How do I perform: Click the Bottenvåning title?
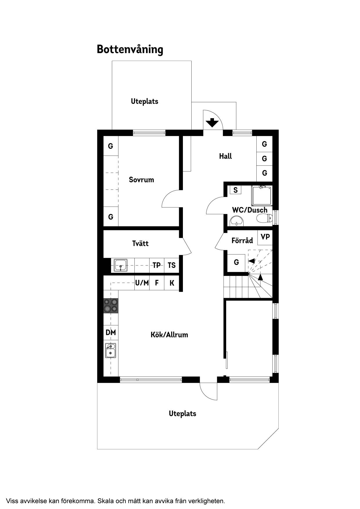[x=130, y=50]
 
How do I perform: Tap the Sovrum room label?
[x=141, y=180]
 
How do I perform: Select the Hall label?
[x=226, y=156]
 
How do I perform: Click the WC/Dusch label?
[x=250, y=210]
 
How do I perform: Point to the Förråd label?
[x=242, y=240]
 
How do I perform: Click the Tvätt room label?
[x=140, y=243]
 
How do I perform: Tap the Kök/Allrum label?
[x=169, y=335]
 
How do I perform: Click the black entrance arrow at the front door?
[x=212, y=122]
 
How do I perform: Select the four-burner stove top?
[x=111, y=306]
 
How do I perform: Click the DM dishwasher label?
[x=111, y=332]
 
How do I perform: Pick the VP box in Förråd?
[x=265, y=237]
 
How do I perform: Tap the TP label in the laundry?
[x=156, y=265]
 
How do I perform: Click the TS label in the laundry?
[x=172, y=265]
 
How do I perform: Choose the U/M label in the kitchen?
[x=142, y=283]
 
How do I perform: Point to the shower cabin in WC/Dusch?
[x=262, y=196]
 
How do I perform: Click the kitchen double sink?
[x=111, y=350]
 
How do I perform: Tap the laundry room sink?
[x=120, y=265]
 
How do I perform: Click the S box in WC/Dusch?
[x=235, y=190]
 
